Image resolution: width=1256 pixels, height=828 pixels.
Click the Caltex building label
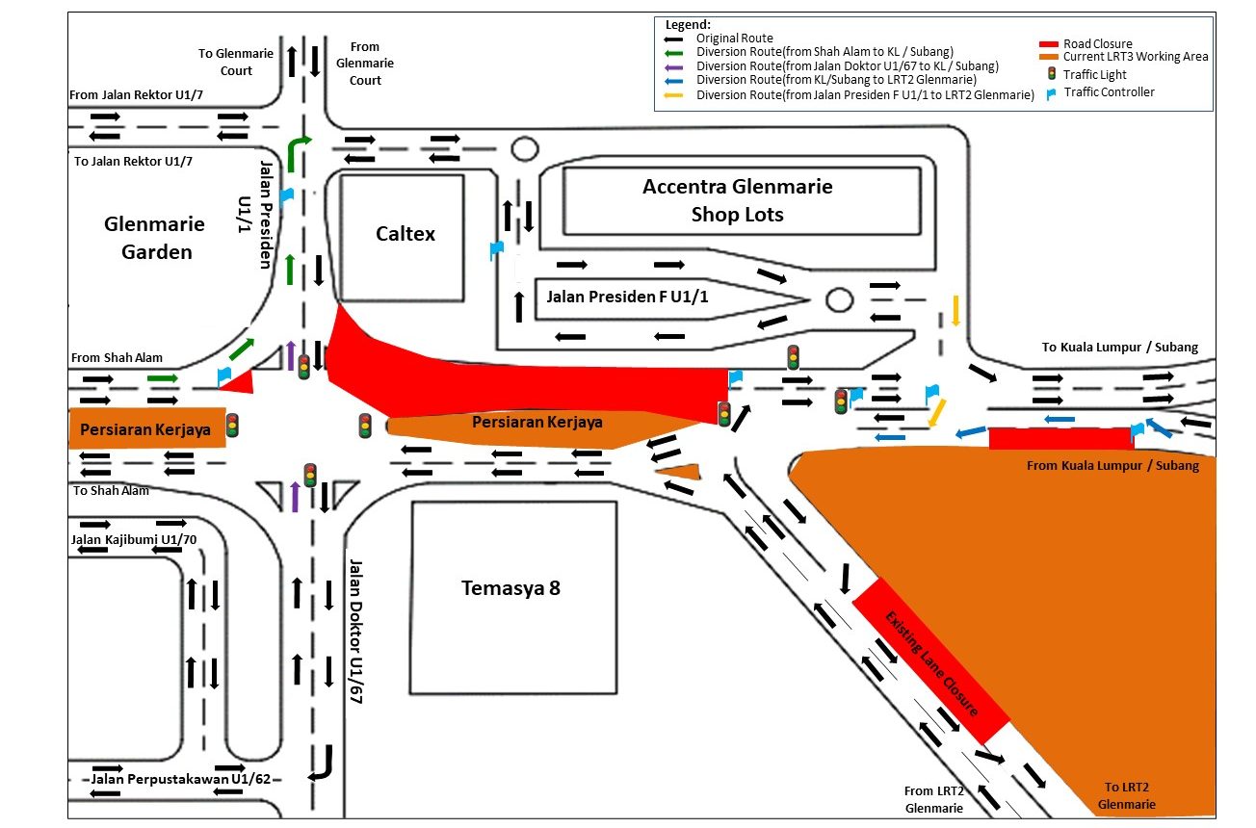(x=405, y=233)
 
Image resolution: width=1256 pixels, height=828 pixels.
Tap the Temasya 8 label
(x=510, y=587)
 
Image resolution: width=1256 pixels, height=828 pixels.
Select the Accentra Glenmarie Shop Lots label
(x=738, y=200)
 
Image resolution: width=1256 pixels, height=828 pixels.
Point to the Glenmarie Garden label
(x=154, y=238)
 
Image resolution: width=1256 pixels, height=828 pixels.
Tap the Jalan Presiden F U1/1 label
(x=627, y=297)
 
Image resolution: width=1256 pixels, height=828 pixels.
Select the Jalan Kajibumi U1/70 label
(x=134, y=539)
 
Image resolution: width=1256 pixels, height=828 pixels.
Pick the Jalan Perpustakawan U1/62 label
(x=181, y=778)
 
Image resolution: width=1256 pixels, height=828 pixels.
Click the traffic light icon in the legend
(x=1052, y=74)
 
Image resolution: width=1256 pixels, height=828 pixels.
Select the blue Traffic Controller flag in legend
(x=1052, y=93)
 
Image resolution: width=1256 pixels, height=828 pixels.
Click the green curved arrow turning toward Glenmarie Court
(x=298, y=151)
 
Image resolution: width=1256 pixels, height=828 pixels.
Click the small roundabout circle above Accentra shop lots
(x=524, y=148)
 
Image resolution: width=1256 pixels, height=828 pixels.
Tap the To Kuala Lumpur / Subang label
(x=1120, y=348)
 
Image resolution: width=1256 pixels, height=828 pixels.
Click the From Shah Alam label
(x=106, y=358)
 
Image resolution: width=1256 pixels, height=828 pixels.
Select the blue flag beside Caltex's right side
(x=496, y=250)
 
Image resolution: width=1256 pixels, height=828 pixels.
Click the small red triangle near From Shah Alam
(x=238, y=383)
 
